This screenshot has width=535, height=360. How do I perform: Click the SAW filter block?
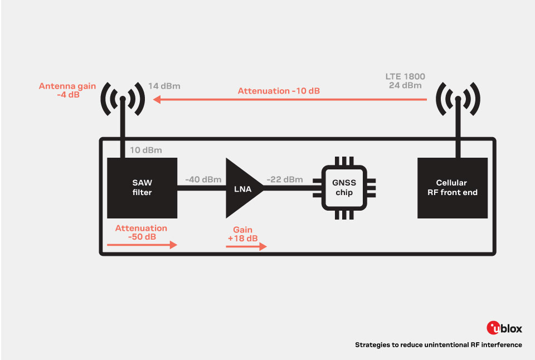[142, 188]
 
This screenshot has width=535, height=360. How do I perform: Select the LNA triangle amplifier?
[241, 188]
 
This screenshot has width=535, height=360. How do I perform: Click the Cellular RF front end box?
[453, 188]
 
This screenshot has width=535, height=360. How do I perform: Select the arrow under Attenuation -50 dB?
[142, 245]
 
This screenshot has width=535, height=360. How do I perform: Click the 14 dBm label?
[164, 87]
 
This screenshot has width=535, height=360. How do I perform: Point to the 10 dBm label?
[146, 150]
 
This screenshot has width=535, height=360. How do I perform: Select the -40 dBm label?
[203, 179]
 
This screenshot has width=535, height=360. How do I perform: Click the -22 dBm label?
[284, 179]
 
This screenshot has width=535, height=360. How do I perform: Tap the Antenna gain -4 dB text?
[67, 90]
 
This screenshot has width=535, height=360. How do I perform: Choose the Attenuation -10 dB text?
[279, 90]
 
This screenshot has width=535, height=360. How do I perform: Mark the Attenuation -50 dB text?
[141, 232]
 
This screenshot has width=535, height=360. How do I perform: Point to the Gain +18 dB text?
[242, 234]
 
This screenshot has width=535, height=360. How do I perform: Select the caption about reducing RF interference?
[438, 345]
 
